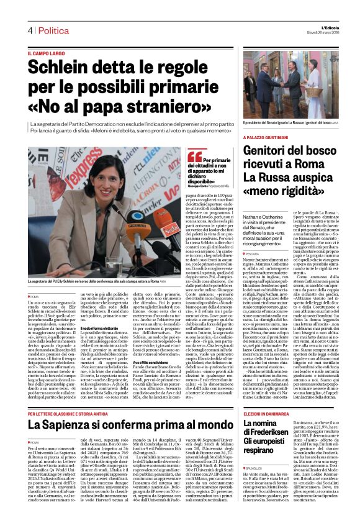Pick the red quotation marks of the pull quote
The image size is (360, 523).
(x=194, y=156)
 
